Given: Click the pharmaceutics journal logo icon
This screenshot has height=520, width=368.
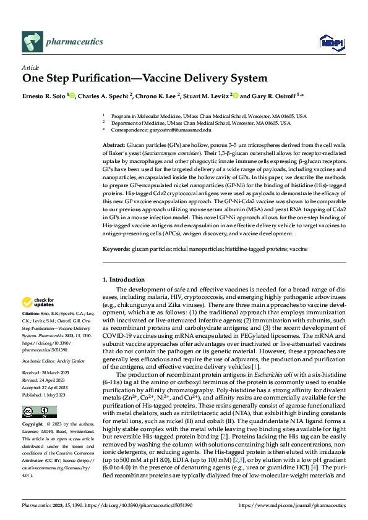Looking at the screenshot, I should tap(32, 42).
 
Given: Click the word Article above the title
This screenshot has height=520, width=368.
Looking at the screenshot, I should tap(30, 67).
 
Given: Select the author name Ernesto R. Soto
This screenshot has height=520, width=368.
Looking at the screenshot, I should tap(43, 96).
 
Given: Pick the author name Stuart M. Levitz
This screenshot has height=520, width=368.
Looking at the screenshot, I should tap(205, 96).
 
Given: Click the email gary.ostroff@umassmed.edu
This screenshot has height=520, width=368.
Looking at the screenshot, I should tap(184, 130).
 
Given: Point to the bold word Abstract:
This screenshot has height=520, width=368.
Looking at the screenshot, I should tap(115, 144).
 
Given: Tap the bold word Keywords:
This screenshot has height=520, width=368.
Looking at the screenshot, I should tap(116, 249).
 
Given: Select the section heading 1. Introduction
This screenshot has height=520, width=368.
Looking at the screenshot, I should tap(123, 280).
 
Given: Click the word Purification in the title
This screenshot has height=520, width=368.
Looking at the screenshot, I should tap(105, 78).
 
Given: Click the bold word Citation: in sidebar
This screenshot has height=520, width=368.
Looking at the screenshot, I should tap(32, 314).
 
